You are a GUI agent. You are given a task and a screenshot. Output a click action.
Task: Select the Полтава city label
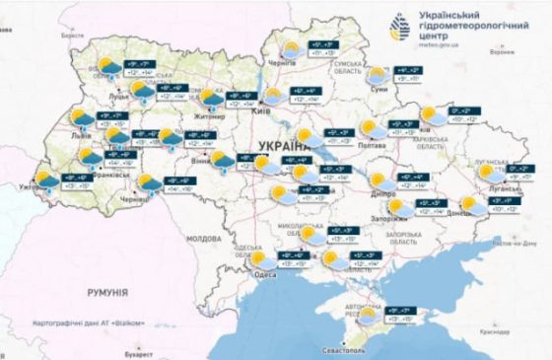375,144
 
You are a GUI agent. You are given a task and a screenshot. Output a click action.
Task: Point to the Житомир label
211,115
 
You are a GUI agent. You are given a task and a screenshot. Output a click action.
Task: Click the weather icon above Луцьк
106,67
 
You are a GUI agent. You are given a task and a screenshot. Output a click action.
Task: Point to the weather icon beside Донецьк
474,205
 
